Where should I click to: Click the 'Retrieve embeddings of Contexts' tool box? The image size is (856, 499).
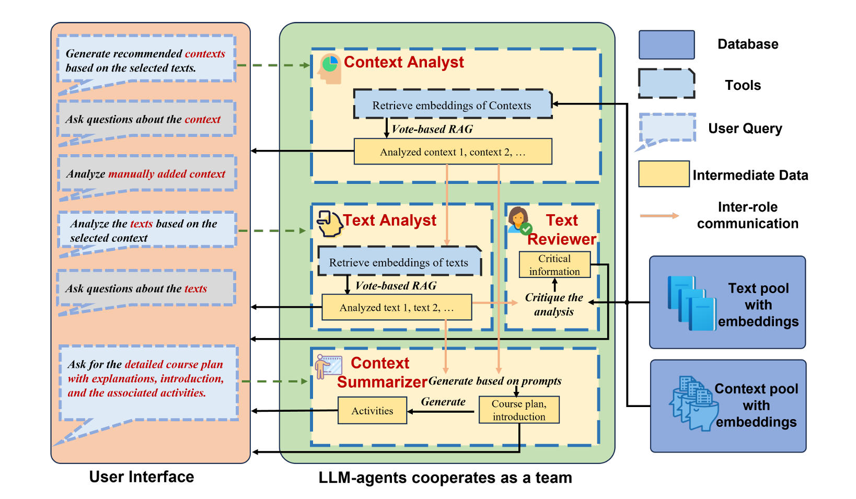coord(452,105)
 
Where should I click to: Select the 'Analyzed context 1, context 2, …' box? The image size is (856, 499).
coord(453,152)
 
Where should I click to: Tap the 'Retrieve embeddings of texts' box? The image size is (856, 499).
coord(399,262)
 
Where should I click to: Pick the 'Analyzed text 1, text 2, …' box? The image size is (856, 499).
coord(397,307)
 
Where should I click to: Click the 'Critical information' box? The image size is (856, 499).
coord(554,265)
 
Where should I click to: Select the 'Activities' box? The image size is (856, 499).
coord(372,411)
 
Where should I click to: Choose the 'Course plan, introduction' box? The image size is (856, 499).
coord(519,410)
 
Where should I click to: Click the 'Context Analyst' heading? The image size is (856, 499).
coord(403,62)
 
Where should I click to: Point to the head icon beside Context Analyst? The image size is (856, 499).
coord(329,68)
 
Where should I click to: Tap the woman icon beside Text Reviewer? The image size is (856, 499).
coord(518,220)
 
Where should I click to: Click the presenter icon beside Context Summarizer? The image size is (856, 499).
coord(328,366)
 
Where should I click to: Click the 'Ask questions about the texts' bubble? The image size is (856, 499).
coord(146,288)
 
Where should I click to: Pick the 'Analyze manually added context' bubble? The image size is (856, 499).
coord(147,174)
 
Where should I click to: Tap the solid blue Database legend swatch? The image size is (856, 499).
coord(666,45)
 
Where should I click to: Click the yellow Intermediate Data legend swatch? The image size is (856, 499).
coord(664,174)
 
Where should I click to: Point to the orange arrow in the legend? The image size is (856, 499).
coord(660,216)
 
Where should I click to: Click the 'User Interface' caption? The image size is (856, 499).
coord(141,477)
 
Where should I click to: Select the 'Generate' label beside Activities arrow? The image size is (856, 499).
coord(443,402)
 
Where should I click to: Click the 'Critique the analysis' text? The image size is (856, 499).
coord(554,305)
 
